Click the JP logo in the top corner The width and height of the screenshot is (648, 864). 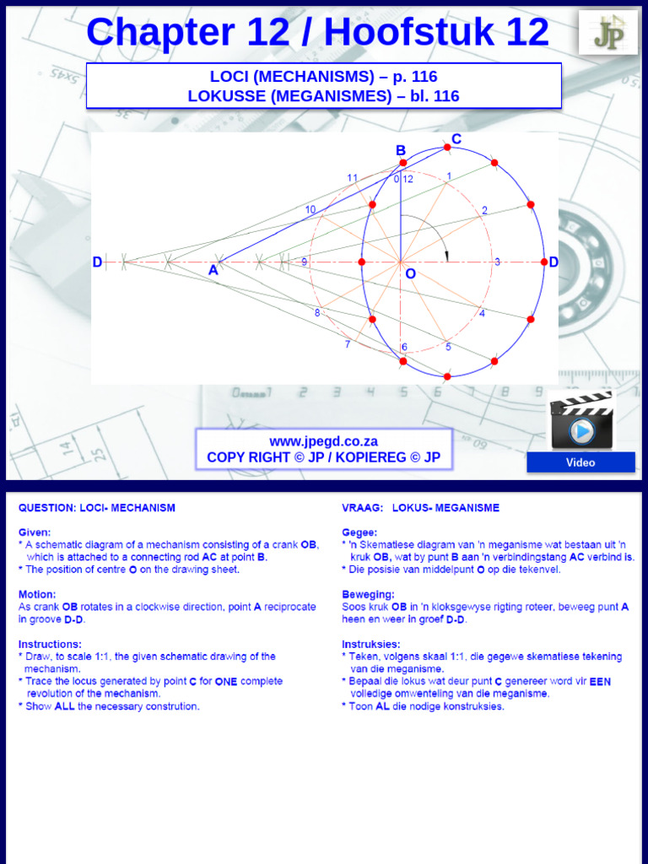[x=607, y=33]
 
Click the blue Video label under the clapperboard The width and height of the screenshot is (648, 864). [x=580, y=462]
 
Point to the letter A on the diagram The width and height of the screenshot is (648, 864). [x=213, y=271]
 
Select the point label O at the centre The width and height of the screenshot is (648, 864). [x=410, y=274]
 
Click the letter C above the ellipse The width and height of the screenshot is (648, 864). [x=456, y=138]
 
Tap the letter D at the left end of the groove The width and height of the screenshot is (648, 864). [x=98, y=262]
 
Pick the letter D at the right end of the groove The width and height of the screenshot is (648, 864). [x=553, y=262]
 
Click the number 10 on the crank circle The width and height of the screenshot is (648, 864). [x=310, y=209]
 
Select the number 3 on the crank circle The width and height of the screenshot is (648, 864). [x=497, y=262]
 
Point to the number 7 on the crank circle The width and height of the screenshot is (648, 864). [x=347, y=344]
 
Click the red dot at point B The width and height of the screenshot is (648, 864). [x=402, y=163]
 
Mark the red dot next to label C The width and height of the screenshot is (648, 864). [x=447, y=147]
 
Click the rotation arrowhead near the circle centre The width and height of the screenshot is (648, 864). [x=447, y=256]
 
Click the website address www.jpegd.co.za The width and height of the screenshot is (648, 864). [x=323, y=441]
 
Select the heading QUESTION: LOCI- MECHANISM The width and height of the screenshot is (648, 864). [x=97, y=508]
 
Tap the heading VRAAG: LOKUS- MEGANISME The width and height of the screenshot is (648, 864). [x=420, y=508]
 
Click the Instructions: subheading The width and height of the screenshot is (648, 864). [x=50, y=644]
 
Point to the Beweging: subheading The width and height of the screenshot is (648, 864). [x=368, y=594]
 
